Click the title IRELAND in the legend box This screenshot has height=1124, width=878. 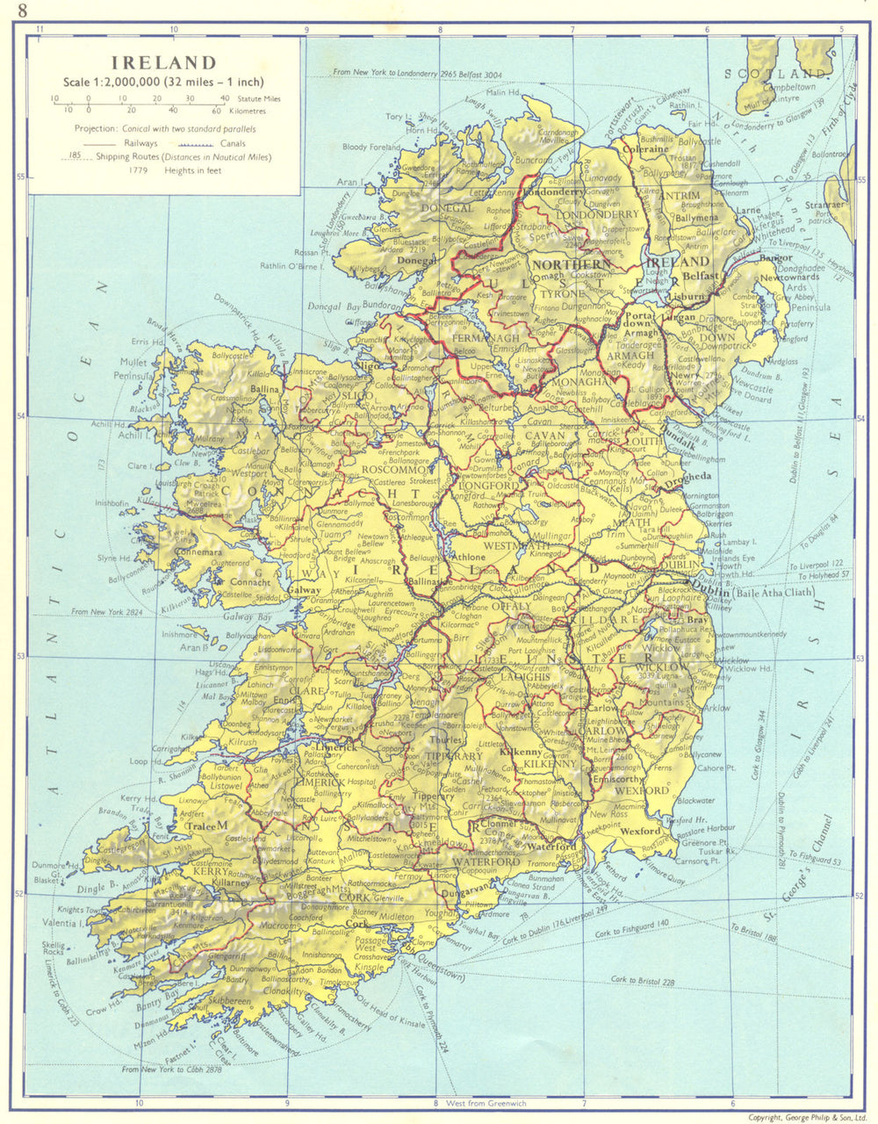[163, 62]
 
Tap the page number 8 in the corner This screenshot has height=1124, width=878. [11, 11]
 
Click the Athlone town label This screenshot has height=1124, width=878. [467, 556]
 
